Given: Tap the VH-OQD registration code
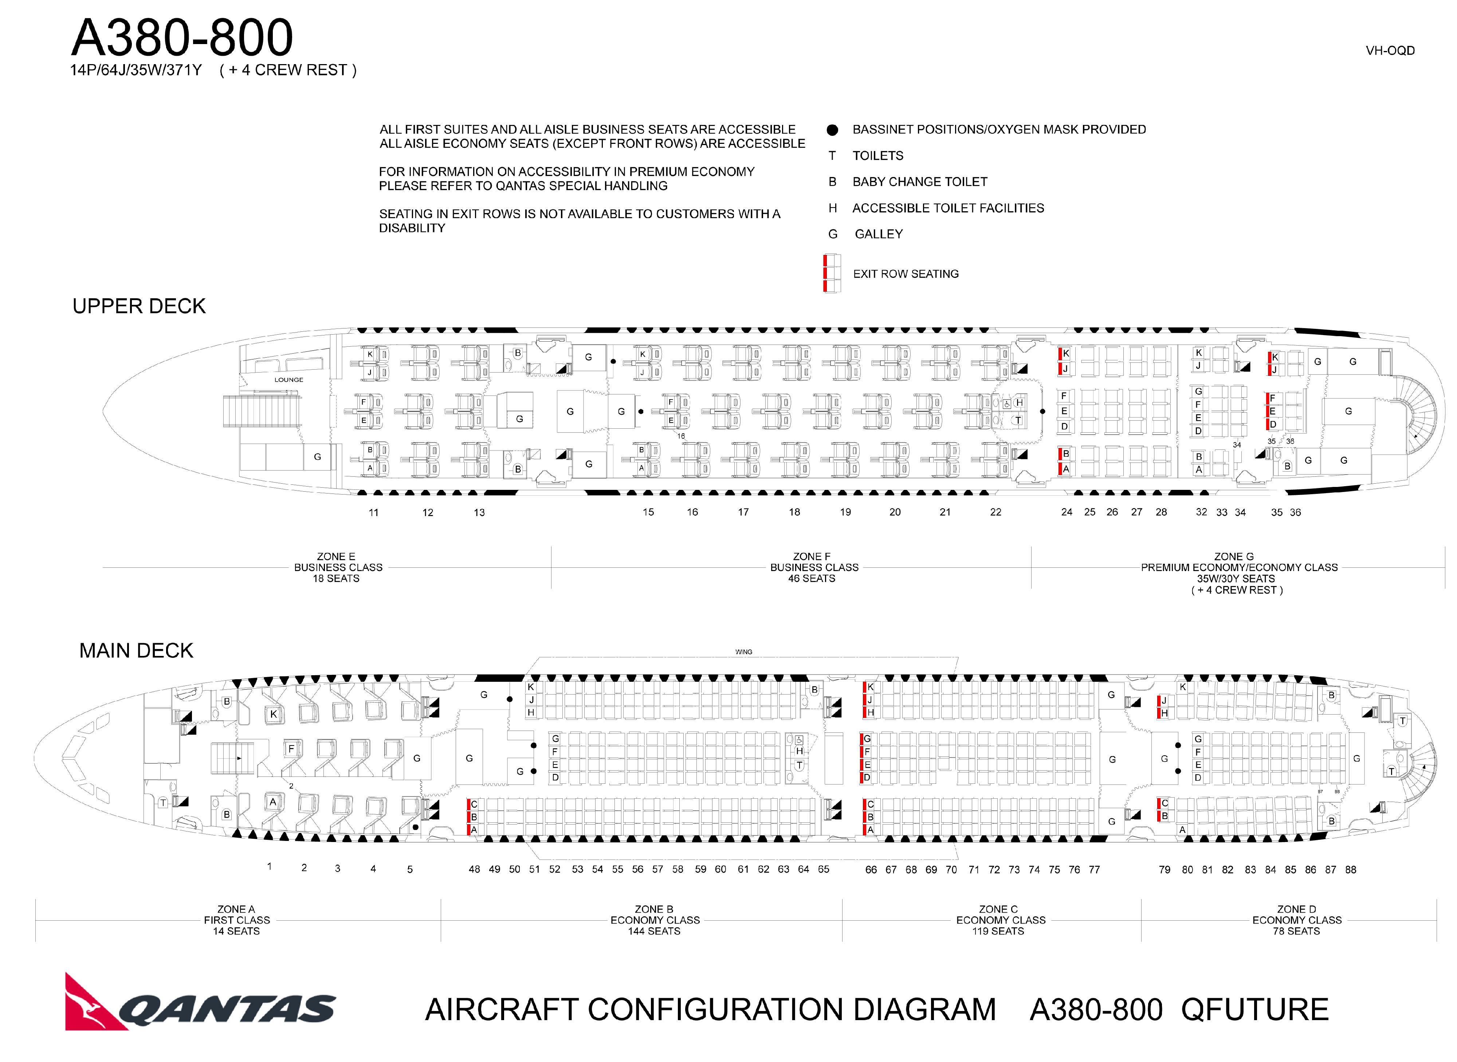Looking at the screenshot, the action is pyautogui.click(x=1390, y=51).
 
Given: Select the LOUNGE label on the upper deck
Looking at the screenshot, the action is pyautogui.click(x=289, y=380).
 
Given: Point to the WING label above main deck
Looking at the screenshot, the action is pyautogui.click(x=744, y=652).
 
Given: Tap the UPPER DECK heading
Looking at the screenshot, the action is pyautogui.click(x=139, y=306).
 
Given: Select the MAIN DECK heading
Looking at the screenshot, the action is pyautogui.click(x=136, y=650).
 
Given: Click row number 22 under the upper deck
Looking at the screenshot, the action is pyautogui.click(x=995, y=512).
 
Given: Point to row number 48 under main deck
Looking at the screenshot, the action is pyautogui.click(x=475, y=869).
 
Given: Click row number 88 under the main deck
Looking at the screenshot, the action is pyautogui.click(x=1351, y=870).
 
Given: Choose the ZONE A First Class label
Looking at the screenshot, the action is pyautogui.click(x=237, y=920).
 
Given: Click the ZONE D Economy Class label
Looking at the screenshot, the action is pyautogui.click(x=1297, y=920).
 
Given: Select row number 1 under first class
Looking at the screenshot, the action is pyautogui.click(x=270, y=866).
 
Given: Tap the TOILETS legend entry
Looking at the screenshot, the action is pyautogui.click(x=878, y=156).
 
